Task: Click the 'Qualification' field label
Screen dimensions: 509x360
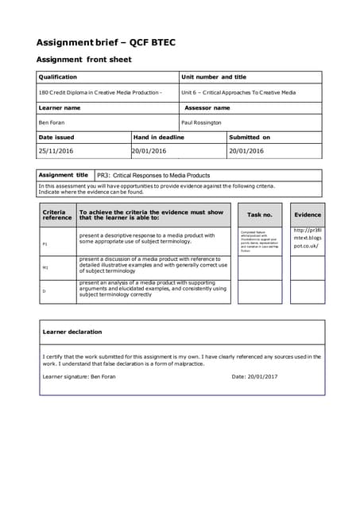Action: coord(58,77)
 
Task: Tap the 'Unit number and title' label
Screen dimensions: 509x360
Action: coord(214,77)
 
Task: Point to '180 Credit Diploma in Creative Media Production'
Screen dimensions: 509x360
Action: coord(100,92)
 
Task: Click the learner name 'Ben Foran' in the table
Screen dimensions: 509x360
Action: coord(52,122)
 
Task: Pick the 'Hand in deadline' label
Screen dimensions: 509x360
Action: coord(159,137)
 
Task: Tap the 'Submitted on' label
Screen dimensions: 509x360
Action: coord(250,137)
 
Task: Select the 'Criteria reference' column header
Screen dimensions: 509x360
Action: coord(56,215)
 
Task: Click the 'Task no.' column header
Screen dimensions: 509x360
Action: coord(259,215)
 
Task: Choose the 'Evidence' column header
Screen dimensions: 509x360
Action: coord(307,215)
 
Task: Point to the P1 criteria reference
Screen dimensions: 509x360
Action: coord(45,244)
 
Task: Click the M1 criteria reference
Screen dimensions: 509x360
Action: coord(45,268)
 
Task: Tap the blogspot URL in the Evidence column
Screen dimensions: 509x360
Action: coord(307,238)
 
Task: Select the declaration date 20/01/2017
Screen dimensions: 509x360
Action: coord(254,376)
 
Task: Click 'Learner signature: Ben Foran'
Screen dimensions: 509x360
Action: coord(79,376)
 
